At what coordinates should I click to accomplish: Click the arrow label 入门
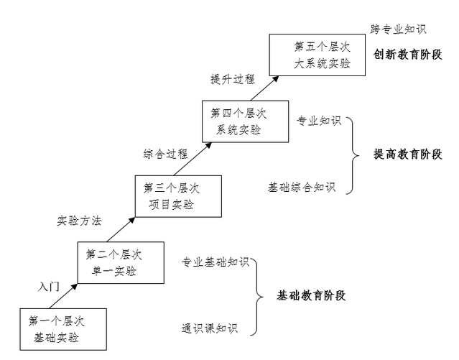coord(48,286)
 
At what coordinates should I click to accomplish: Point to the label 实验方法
coord(79,221)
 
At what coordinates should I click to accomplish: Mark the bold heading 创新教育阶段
coord(408,55)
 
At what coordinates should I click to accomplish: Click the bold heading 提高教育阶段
coord(408,154)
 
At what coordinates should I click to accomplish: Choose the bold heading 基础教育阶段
coord(312,295)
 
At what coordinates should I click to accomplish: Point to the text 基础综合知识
coord(302,188)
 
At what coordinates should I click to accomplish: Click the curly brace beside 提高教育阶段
coord(353,154)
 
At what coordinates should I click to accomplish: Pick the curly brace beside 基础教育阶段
coord(257,295)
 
